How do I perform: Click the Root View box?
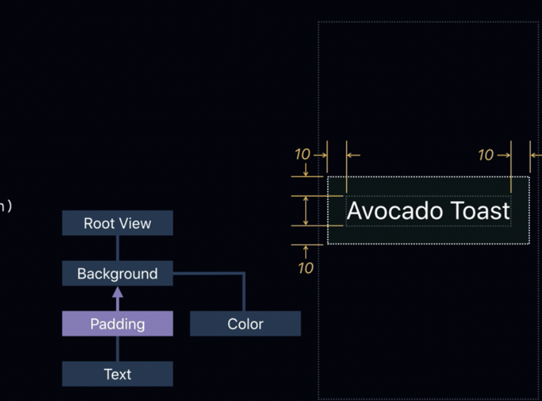117,223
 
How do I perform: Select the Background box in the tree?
117,274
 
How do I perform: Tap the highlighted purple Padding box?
117,324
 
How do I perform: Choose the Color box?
245,324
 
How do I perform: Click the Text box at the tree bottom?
117,374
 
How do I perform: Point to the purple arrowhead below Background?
117,291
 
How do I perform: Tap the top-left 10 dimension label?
303,154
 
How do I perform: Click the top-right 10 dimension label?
485,154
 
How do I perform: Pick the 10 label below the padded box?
305,268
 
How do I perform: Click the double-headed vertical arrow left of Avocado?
306,211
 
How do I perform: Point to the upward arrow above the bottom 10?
306,251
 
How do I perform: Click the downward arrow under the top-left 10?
306,170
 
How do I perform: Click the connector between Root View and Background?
117,248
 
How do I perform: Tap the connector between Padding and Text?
117,349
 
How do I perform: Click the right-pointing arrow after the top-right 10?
504,154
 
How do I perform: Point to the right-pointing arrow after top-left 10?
320,154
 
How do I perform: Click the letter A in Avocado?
354,211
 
